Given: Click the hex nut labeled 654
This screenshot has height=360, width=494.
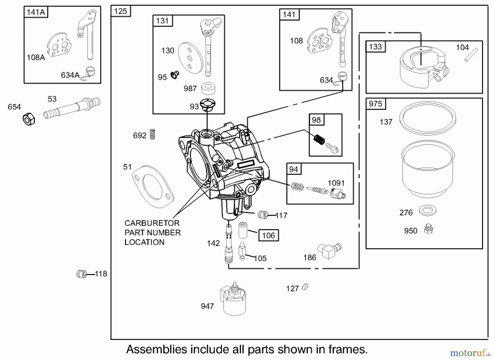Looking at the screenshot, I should coord(29,119).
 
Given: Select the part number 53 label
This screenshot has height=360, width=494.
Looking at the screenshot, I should coord(52,99).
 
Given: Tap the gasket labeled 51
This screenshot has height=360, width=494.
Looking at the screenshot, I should coord(153,186).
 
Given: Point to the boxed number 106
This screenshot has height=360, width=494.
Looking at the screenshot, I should coord(268,235).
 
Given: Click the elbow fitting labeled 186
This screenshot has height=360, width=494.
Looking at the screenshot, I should coord(329,250).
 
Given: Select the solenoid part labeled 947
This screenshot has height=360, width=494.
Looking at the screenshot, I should coord(234,299).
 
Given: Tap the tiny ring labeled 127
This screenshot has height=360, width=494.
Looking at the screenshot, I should coord(305,287).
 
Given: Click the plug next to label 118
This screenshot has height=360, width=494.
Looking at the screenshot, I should coord(81,274).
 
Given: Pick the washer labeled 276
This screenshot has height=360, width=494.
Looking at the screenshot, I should coord(428,211).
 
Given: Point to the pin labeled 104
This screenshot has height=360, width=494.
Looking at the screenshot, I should coord(471,55).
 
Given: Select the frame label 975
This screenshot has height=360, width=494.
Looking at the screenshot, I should coord(375,104).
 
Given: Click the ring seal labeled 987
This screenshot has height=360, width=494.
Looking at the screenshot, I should coord(208,88).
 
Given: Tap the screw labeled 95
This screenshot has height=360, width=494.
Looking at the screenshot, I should coord(174,74).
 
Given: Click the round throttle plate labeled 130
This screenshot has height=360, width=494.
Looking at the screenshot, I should coord(190,58).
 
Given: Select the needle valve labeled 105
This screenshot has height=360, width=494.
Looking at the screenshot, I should coord(242,250).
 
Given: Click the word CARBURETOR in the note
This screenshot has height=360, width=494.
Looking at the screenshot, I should coord(152,223).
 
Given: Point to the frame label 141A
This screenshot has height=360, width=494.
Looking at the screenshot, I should coord(36,12).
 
